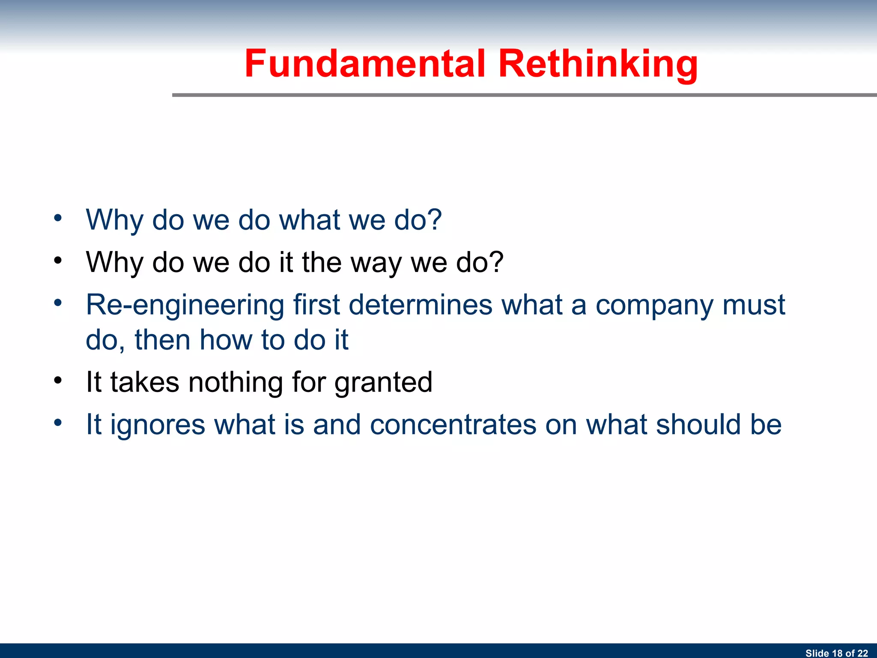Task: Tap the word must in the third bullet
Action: coord(754,305)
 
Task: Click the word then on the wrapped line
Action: coord(162,340)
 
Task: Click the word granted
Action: coord(383,383)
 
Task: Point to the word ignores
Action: coord(158,425)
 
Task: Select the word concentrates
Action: coord(453,425)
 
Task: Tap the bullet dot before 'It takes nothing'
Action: coord(58,380)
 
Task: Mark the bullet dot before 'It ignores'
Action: coord(58,422)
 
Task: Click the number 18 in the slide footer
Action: coord(837,653)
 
